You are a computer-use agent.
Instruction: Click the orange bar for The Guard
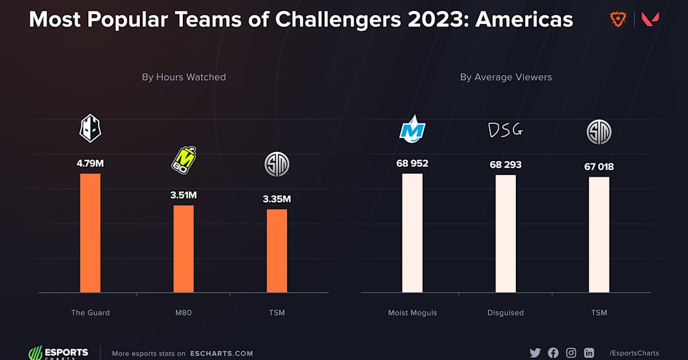(x=90, y=233)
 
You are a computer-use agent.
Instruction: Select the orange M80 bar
(x=183, y=249)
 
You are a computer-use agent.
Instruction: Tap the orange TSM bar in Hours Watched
(x=277, y=251)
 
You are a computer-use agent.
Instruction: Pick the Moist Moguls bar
(x=412, y=233)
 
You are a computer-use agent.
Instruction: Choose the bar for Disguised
(x=506, y=233)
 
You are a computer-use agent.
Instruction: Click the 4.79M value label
(x=91, y=163)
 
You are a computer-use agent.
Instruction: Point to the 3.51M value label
(x=183, y=195)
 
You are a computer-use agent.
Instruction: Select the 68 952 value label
(x=412, y=163)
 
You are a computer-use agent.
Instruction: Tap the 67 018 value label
(x=599, y=167)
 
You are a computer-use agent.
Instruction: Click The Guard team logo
(x=90, y=128)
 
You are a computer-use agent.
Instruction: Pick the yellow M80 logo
(x=183, y=160)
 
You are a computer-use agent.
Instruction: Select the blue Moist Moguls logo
(x=412, y=128)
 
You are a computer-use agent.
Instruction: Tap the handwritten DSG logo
(x=505, y=130)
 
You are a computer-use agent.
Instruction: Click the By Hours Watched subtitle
(x=183, y=77)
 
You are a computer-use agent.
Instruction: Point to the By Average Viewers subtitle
(x=506, y=77)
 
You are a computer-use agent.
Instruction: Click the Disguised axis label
(x=506, y=312)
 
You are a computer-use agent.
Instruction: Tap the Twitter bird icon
(x=535, y=353)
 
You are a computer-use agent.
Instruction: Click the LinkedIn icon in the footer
(x=589, y=353)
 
